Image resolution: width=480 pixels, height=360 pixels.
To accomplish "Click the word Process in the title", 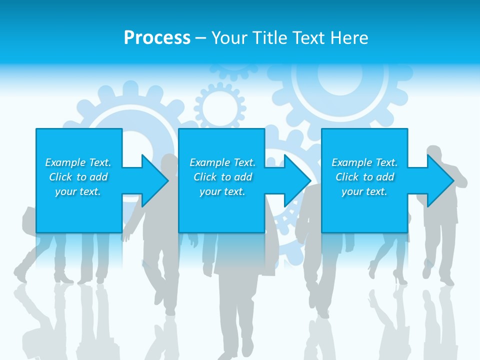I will coord(157,38).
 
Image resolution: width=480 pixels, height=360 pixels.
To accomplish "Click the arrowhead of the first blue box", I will coord(154,180).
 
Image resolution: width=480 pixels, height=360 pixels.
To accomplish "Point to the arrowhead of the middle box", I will coord(297,180).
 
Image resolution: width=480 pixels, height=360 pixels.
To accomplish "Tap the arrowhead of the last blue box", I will coord(440,180).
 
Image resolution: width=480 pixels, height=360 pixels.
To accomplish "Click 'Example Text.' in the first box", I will coord(78,162).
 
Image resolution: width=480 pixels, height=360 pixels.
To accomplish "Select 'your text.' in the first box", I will coord(78,191).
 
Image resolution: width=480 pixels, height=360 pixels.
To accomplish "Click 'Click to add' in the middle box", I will coord(222,177).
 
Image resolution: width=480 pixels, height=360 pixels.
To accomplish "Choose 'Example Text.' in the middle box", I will coord(222,162).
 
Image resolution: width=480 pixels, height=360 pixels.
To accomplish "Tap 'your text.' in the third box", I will coord(364,191).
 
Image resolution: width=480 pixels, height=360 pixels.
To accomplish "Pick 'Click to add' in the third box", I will coord(364,177).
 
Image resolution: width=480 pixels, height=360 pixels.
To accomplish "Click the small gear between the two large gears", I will coord(219,105).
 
